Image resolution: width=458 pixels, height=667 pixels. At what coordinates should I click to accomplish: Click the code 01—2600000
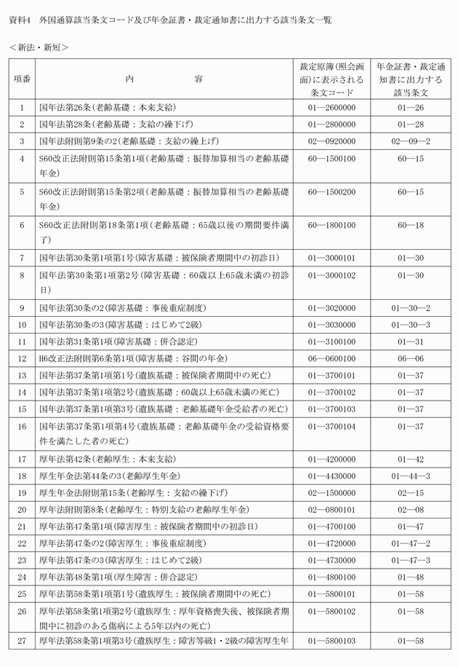point(331,108)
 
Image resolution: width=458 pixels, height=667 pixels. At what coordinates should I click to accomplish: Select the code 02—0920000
point(331,141)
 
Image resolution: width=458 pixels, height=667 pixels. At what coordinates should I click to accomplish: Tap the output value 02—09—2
point(410,141)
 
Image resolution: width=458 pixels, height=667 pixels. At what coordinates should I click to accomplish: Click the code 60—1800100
point(331,226)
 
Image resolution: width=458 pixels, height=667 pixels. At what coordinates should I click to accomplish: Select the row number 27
point(22,641)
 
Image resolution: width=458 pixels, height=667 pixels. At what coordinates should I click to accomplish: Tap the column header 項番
point(22,79)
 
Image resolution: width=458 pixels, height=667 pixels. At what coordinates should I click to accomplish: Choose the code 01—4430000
point(331,475)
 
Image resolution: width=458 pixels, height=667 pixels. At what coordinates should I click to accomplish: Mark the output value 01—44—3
point(410,475)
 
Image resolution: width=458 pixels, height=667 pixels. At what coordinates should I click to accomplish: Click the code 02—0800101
point(331,510)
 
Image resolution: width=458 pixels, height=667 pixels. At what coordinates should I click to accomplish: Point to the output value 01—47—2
point(410,543)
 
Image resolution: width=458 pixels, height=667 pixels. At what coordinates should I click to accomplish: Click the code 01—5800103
point(331,641)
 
